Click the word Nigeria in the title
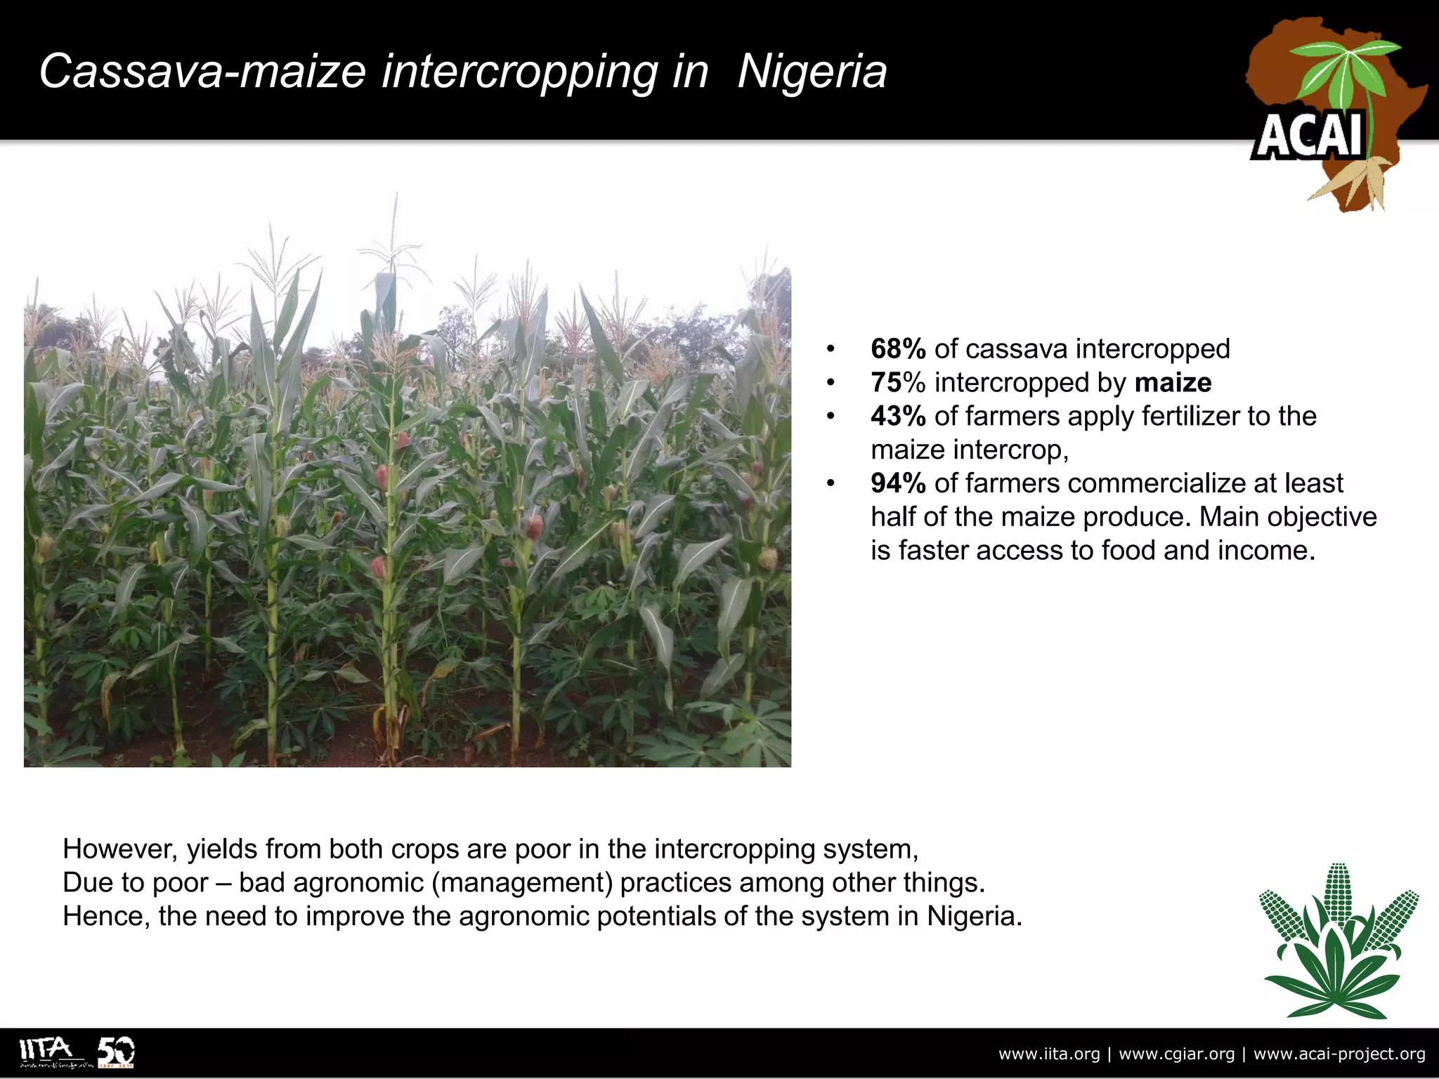[x=812, y=72]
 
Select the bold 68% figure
[x=898, y=349]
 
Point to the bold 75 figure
[x=887, y=383]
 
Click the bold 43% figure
[x=898, y=417]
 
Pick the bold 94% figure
[x=898, y=483]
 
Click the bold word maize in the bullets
[x=1173, y=383]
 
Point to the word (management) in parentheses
[x=522, y=883]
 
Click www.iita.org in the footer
[x=1049, y=1054]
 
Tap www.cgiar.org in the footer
[x=1176, y=1054]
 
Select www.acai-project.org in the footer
[x=1339, y=1054]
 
